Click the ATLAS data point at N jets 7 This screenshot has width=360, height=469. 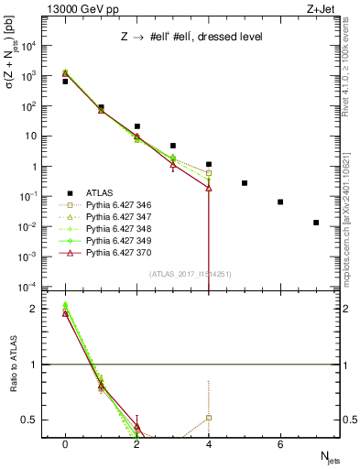pyautogui.click(x=316, y=223)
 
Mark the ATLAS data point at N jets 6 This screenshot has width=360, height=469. pyautogui.click(x=280, y=202)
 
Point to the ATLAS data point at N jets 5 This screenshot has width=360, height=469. pyautogui.click(x=245, y=183)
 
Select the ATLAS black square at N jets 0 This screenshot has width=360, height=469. pyautogui.click(x=65, y=82)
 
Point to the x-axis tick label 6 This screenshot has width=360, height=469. pyautogui.click(x=280, y=444)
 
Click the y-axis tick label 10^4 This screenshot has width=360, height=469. pyautogui.click(x=30, y=46)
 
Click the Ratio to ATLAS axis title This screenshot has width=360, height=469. pyautogui.click(x=13, y=364)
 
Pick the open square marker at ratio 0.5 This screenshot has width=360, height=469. pyautogui.click(x=209, y=418)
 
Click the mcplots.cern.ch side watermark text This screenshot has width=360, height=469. pyautogui.click(x=351, y=183)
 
